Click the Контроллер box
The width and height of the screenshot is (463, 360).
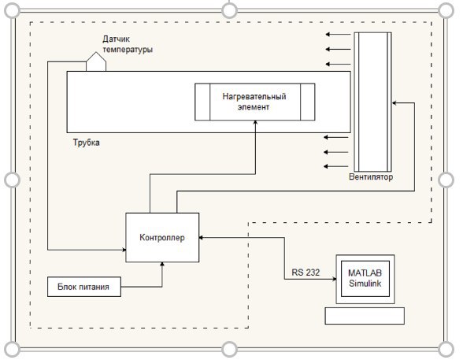(x=162, y=237)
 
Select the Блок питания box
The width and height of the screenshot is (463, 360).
(x=84, y=287)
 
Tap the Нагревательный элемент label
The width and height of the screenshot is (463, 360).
(x=254, y=102)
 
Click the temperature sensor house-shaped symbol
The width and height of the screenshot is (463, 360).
(x=96, y=61)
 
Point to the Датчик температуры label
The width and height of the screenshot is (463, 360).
(x=128, y=44)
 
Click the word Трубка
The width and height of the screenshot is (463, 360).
(x=87, y=143)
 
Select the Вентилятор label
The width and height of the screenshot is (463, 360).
(x=371, y=177)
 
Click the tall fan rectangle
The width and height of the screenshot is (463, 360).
(x=373, y=102)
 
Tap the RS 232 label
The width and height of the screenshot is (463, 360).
(x=306, y=273)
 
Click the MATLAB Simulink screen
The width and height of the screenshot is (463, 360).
(x=365, y=279)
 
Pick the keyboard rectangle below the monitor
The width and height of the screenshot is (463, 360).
(x=365, y=316)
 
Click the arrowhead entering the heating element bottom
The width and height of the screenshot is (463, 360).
(x=255, y=122)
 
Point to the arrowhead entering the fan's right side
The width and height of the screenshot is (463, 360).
(x=394, y=103)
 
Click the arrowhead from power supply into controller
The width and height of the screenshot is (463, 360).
(x=162, y=264)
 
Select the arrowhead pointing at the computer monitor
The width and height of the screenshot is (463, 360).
(x=334, y=279)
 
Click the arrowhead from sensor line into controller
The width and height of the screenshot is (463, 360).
(x=124, y=250)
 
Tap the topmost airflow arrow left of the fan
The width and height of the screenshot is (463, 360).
(x=338, y=34)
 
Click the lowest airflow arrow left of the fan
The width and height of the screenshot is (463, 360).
(x=336, y=166)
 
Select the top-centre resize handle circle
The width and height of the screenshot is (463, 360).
(x=229, y=10)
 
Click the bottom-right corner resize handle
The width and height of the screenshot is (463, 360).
(x=446, y=349)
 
